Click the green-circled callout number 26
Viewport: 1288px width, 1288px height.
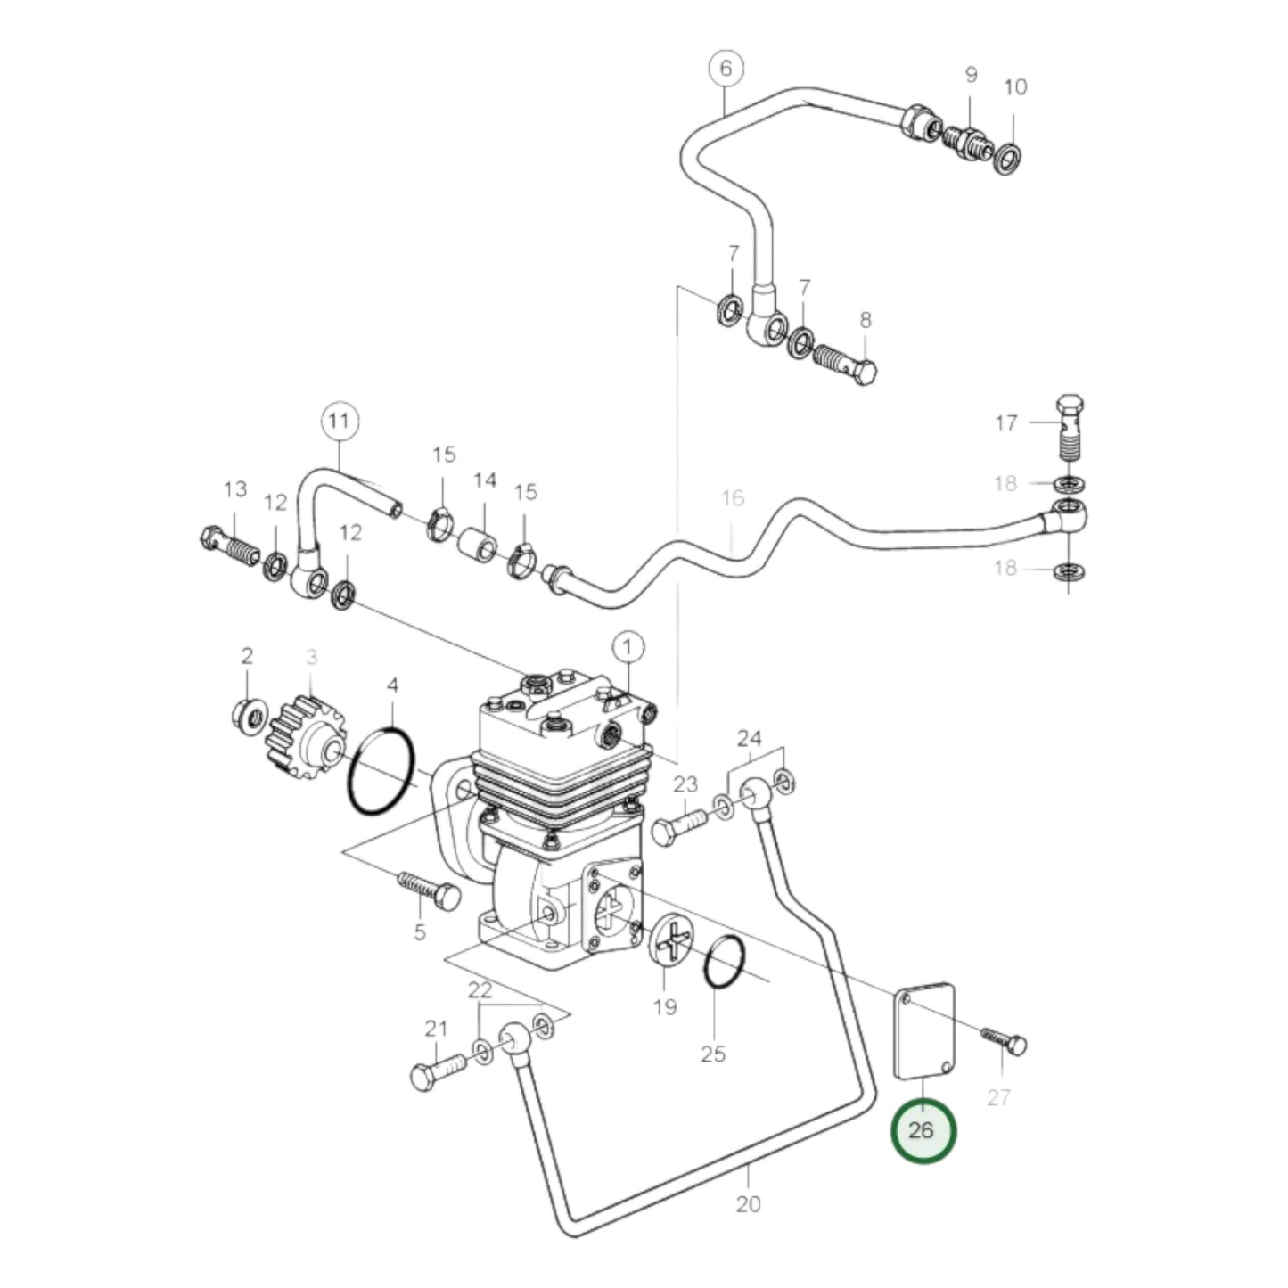[x=923, y=1131]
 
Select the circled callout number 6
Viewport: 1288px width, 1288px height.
[x=726, y=69]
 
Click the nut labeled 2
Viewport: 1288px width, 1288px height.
[x=249, y=714]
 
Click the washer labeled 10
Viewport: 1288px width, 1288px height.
[x=1008, y=158]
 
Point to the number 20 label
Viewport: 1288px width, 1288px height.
[x=749, y=1204]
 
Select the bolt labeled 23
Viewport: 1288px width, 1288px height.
[x=678, y=826]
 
